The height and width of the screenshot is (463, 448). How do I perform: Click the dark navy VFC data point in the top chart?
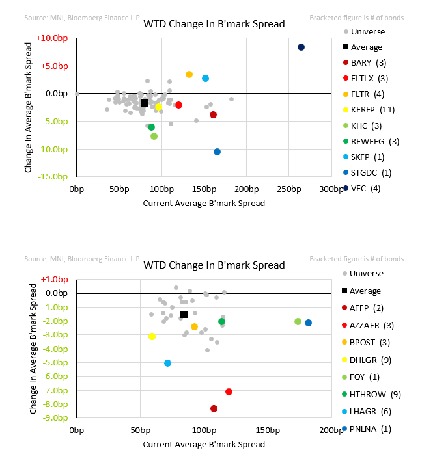(301, 47)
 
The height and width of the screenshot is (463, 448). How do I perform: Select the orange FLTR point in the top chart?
(189, 75)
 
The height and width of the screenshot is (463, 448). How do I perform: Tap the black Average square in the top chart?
(145, 103)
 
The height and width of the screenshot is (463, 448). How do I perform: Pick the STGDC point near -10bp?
(217, 152)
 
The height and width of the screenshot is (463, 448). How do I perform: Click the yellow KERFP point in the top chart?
(159, 107)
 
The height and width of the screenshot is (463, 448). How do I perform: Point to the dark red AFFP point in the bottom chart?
(214, 409)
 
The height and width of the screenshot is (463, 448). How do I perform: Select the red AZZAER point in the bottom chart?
(229, 391)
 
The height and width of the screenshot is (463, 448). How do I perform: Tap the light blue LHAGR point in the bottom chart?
(167, 363)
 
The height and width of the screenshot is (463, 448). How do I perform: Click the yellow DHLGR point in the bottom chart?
(152, 337)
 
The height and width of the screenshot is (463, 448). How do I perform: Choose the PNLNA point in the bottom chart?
(308, 323)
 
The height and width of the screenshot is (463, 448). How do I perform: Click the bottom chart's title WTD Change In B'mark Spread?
(214, 265)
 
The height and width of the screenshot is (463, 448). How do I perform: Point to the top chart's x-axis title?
(204, 203)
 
